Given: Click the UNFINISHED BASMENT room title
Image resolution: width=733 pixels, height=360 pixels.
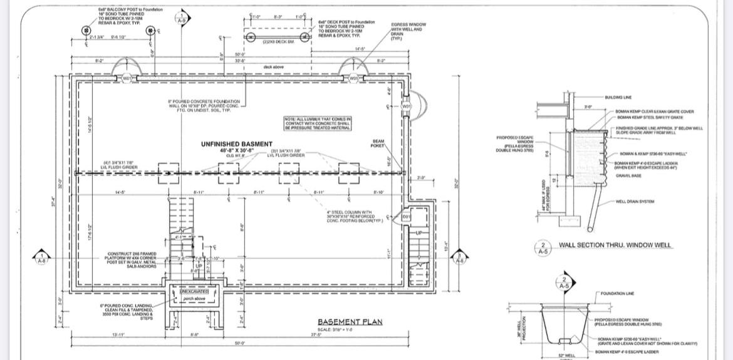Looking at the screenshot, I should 236,145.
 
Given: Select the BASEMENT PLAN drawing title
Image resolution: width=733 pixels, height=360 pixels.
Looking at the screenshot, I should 350,322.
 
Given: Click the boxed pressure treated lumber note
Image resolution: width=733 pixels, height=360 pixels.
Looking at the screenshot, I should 318,123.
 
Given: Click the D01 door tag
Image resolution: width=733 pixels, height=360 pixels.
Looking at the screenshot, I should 406,216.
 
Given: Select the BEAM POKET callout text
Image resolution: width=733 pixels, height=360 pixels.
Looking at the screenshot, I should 378,143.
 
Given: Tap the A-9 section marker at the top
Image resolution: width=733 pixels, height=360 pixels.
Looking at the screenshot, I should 182,18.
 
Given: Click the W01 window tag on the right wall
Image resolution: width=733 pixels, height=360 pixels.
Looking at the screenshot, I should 406,106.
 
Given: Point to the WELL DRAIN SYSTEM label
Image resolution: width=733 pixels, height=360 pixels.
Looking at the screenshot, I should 635,202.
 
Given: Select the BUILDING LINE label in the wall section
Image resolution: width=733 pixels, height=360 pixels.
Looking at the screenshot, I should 618,98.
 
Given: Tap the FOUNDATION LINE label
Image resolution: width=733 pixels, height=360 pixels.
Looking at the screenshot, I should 617,293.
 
